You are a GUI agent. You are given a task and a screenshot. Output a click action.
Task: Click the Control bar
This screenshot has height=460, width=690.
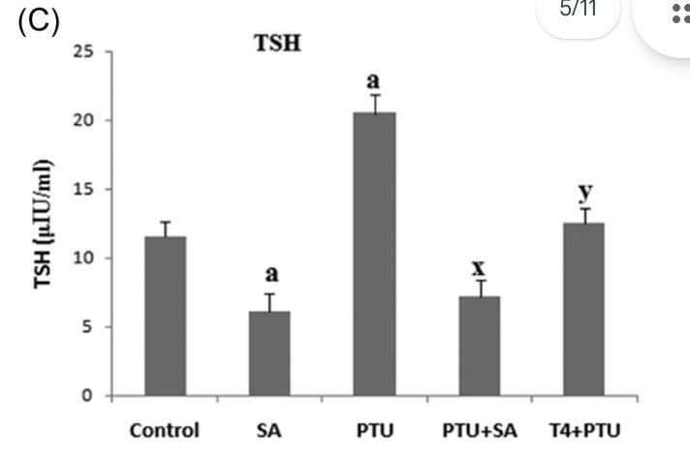pos(165,316)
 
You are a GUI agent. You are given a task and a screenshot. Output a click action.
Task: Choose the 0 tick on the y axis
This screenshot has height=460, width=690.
pos(88,395)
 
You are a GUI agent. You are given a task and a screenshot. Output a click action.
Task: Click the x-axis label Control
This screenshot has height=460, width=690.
pos(165,430)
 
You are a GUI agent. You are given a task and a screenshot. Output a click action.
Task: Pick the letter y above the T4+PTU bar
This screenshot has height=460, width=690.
pos(583,193)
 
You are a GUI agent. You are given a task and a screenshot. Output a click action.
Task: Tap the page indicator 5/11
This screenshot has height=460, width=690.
pos(580,11)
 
